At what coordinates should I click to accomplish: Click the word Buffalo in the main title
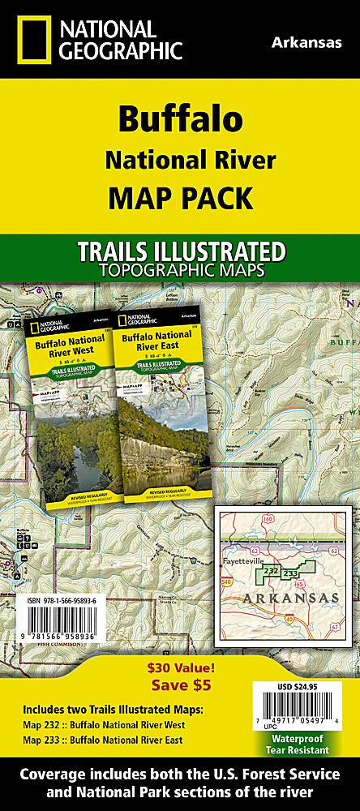tap(180, 119)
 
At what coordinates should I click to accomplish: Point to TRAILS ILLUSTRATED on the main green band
tap(179, 251)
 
